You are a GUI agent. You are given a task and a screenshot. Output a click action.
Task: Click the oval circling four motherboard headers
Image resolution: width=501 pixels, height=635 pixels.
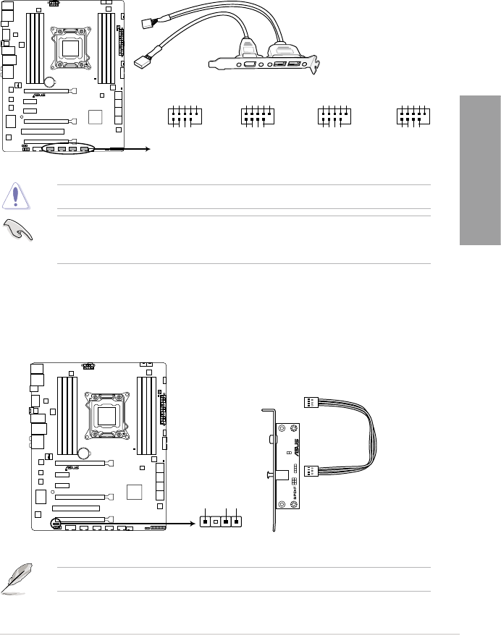[69, 149]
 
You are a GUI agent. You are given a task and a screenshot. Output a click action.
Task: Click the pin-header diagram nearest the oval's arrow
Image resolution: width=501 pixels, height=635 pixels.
[183, 116]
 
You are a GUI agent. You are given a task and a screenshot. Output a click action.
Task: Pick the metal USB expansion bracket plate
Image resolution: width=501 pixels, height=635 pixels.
[265, 64]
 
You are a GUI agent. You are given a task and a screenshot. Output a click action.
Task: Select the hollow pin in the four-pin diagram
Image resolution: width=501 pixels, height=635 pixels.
[216, 521]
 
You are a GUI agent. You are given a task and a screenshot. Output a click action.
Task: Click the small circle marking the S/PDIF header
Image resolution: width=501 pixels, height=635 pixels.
[56, 521]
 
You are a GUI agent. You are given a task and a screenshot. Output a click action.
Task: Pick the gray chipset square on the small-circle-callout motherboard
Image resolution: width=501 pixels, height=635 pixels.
[135, 492]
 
